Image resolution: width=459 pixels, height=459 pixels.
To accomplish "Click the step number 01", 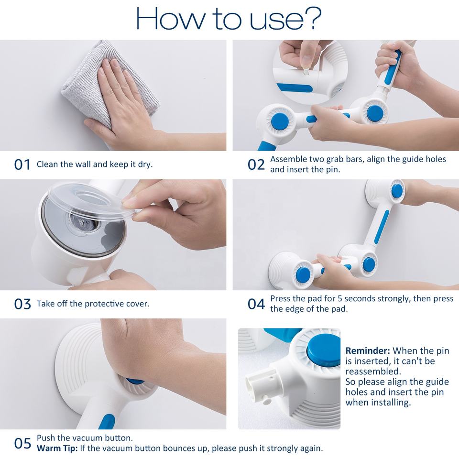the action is (x=22, y=164).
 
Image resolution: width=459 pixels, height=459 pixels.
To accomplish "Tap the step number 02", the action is (x=256, y=164).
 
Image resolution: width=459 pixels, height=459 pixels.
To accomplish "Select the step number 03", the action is (x=22, y=304).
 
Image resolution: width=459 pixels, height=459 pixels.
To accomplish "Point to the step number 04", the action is (x=256, y=304).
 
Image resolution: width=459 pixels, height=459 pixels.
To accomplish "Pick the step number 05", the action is (x=22, y=443).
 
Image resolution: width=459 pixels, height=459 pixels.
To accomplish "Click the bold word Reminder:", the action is (x=368, y=350).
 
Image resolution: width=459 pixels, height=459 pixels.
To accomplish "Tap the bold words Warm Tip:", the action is (x=57, y=448).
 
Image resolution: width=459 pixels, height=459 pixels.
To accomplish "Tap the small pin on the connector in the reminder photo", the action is (x=266, y=399).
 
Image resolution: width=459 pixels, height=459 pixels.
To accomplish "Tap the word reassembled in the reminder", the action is (x=373, y=372).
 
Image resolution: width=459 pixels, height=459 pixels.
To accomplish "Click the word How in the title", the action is (x=170, y=19).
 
